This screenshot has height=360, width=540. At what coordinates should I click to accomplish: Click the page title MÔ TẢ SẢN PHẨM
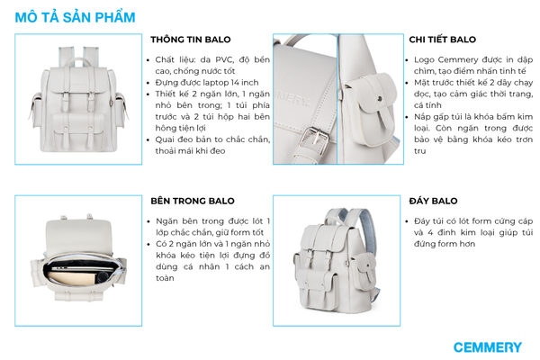[x=75, y=18]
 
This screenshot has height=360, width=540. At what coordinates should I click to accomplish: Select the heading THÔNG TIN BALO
[x=191, y=40]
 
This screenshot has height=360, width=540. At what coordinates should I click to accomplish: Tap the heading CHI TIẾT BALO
[x=442, y=40]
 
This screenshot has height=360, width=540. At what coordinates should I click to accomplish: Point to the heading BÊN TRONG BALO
[x=193, y=201]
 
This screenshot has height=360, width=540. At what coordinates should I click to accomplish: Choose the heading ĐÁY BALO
[x=433, y=201]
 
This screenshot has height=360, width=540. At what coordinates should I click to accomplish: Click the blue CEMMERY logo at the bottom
[x=487, y=347]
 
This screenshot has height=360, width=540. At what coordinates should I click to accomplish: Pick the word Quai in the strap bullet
[x=165, y=139]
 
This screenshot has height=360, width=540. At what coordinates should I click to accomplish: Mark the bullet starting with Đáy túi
[x=469, y=232]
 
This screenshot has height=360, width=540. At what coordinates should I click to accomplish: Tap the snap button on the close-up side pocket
[x=379, y=99]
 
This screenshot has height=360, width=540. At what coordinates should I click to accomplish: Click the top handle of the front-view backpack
[x=78, y=62]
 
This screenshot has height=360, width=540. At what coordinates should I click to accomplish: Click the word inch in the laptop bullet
[x=249, y=83]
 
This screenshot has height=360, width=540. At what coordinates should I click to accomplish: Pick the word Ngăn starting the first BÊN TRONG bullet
[x=166, y=221]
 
